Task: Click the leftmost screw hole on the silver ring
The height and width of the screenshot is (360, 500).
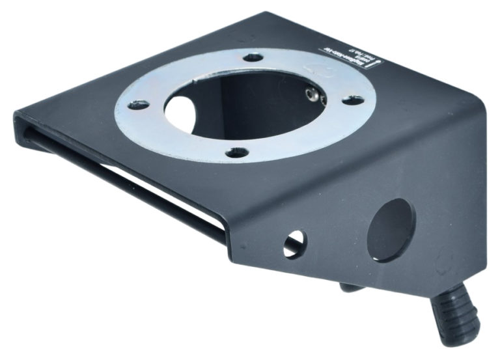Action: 139,104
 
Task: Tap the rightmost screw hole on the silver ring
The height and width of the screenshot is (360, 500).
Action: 353,100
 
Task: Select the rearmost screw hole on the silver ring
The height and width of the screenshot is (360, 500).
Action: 255,57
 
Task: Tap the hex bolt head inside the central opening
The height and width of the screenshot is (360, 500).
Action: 314,96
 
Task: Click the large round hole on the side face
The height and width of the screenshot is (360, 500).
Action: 391,229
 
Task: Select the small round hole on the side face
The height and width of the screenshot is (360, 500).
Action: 294,243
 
